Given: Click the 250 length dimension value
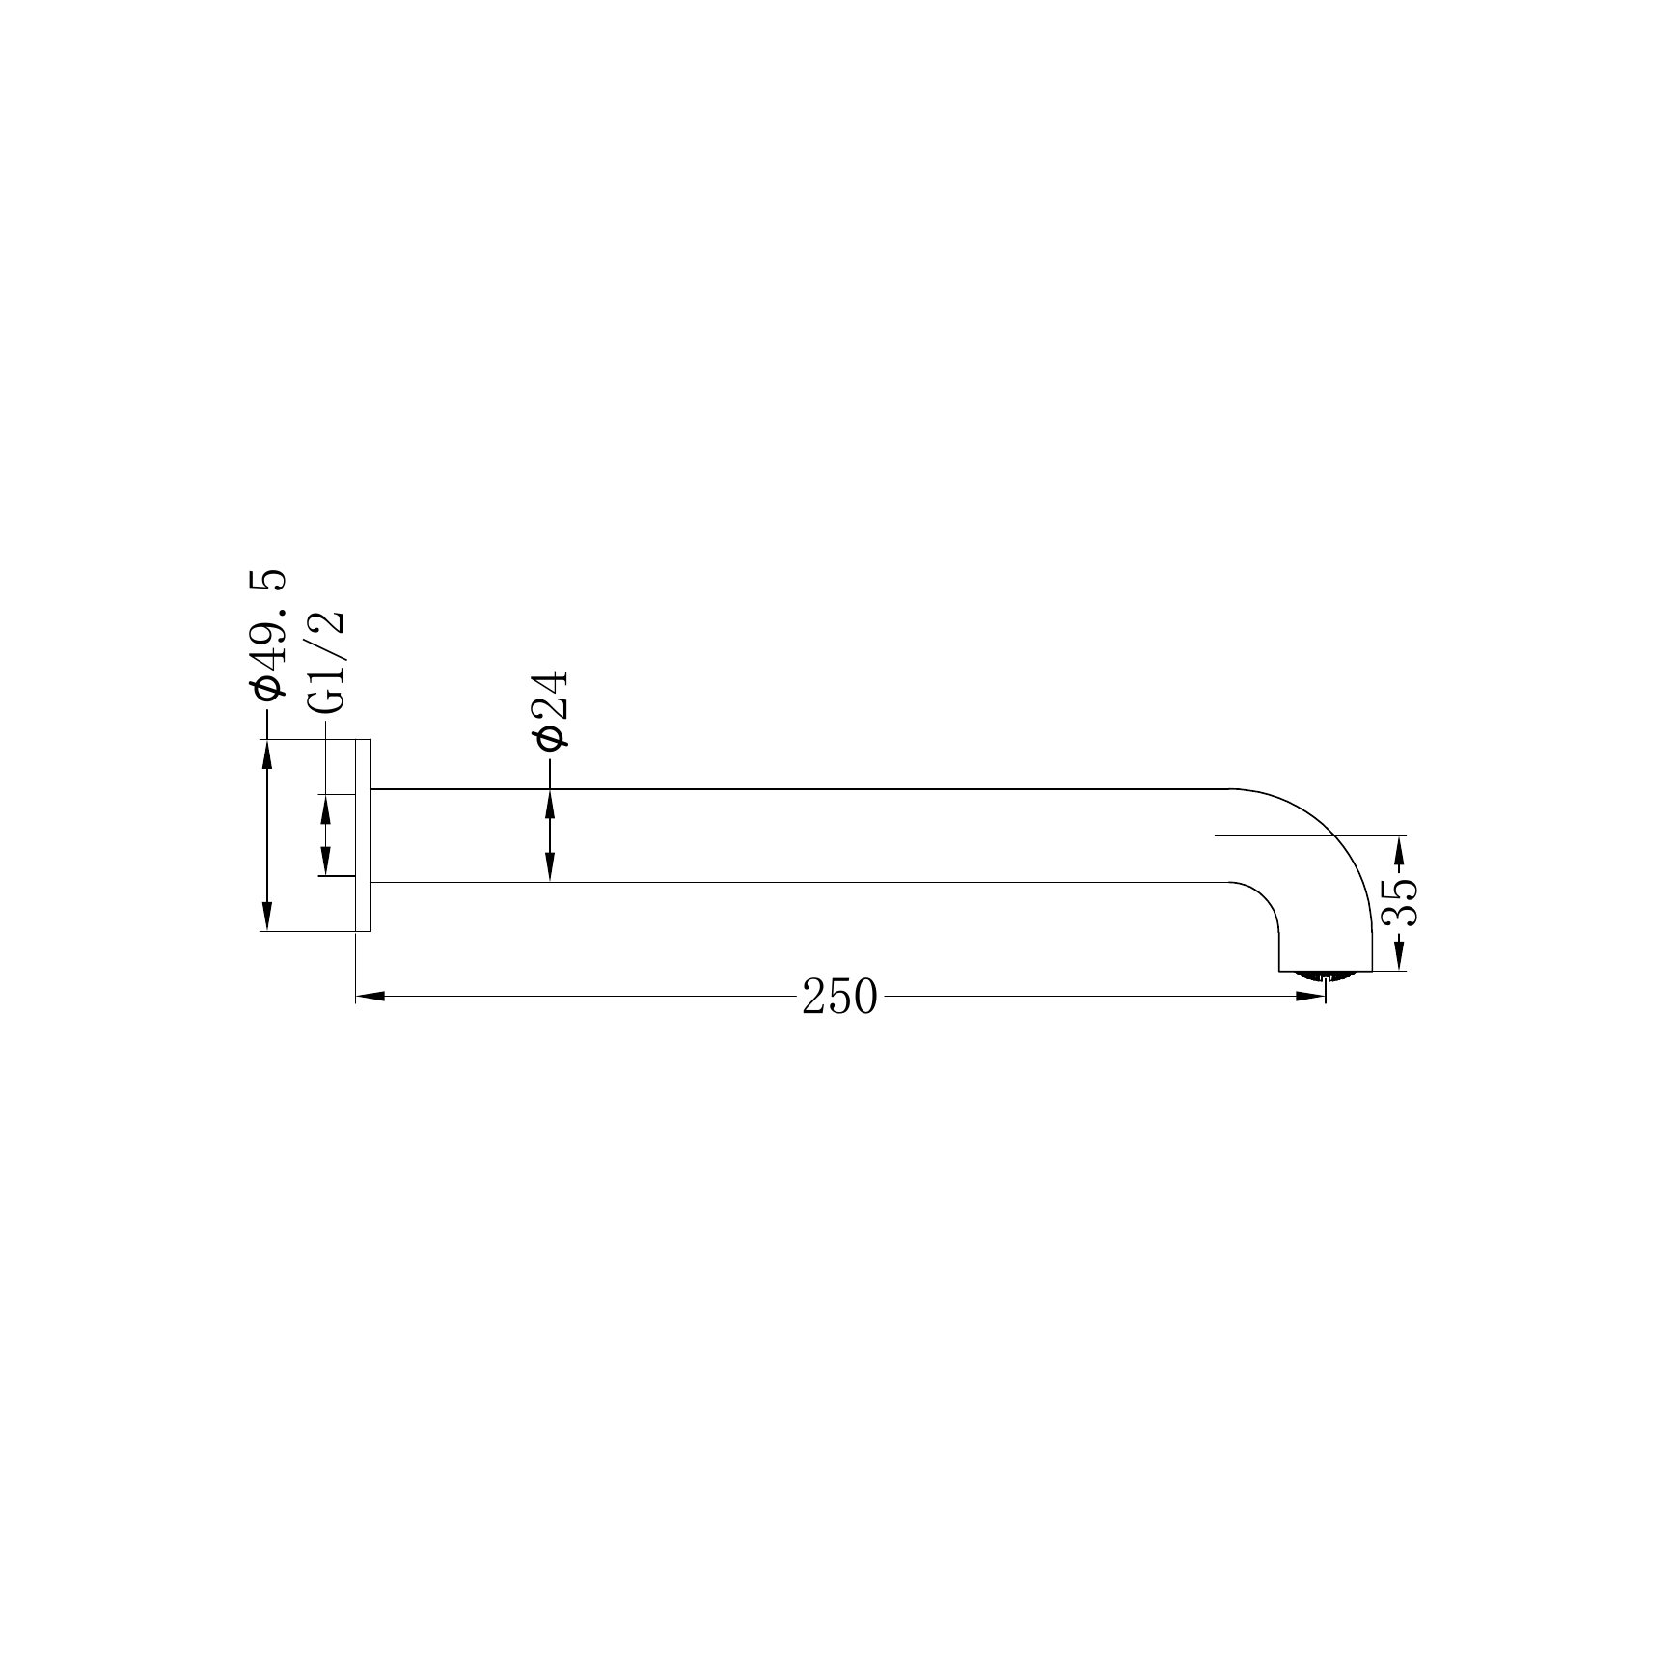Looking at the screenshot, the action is pos(839,998).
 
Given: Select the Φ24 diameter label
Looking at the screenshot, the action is pos(551,710).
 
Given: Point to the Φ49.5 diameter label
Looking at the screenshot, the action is pos(267,633).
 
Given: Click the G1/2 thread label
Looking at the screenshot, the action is pos(327,663).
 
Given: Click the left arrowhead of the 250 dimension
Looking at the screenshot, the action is pos(370,996).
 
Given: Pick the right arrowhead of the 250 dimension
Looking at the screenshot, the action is pos(1310,996).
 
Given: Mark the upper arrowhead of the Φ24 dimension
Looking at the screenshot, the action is pos(550,804).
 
